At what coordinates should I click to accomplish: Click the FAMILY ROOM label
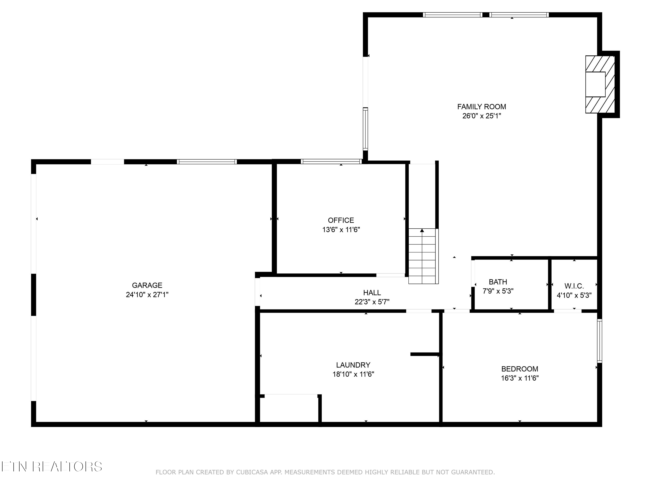pyautogui.click(x=482, y=107)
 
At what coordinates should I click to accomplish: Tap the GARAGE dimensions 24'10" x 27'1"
pyautogui.click(x=147, y=294)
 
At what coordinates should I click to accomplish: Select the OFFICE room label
pyautogui.click(x=341, y=220)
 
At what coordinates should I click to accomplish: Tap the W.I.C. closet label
pyautogui.click(x=574, y=286)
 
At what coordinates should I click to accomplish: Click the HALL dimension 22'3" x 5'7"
pyautogui.click(x=372, y=302)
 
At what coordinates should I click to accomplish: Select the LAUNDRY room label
pyautogui.click(x=353, y=365)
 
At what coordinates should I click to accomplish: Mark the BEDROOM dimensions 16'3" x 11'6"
pyautogui.click(x=520, y=378)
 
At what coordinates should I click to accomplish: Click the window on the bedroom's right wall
pyautogui.click(x=599, y=341)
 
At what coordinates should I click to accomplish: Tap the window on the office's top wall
pyautogui.click(x=331, y=161)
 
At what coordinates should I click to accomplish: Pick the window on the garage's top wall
pyautogui.click(x=207, y=161)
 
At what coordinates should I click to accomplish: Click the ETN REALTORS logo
pyautogui.click(x=52, y=467)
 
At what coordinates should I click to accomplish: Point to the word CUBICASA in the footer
pyautogui.click(x=252, y=472)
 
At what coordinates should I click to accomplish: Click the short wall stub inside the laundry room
pyautogui.click(x=425, y=354)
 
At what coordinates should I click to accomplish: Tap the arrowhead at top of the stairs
pyautogui.click(x=422, y=231)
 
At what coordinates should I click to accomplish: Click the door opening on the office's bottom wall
pyautogui.click(x=391, y=275)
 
